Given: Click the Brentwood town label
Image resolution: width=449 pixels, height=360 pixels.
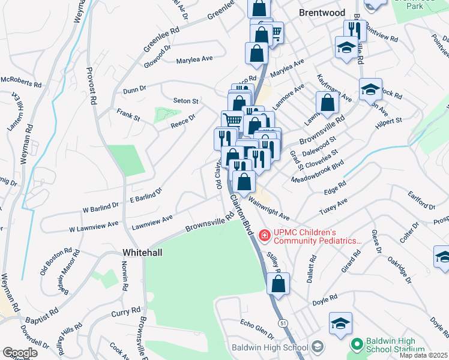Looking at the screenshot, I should pyautogui.click(x=322, y=13).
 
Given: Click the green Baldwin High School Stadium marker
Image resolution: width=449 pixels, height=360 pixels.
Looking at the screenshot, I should pyautogui.click(x=357, y=344).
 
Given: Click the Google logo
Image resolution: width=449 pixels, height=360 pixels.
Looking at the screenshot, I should pyautogui.click(x=20, y=353).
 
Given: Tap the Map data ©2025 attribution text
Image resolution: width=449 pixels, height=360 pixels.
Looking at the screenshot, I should pyautogui.click(x=423, y=355).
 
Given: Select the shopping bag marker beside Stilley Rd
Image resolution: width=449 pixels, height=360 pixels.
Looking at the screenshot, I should pyautogui.click(x=278, y=284).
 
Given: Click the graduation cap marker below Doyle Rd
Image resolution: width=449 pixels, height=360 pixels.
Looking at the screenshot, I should pyautogui.click(x=340, y=323).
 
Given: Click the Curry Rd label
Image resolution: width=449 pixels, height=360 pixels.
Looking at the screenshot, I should pyautogui.click(x=125, y=313).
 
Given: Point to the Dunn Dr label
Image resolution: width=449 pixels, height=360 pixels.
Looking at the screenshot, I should pyautogui.click(x=134, y=89).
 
